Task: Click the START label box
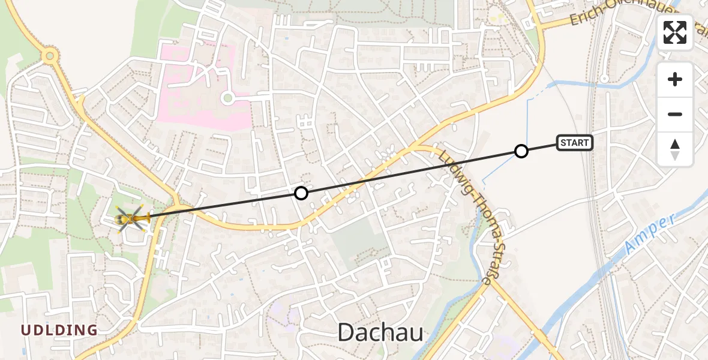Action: tap(575, 143)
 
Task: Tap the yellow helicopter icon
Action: tap(132, 218)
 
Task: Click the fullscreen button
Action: tap(675, 32)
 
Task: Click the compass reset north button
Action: tap(675, 149)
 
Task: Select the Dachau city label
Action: tap(380, 332)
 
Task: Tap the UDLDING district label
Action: tap(59, 330)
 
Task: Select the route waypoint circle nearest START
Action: tap(521, 151)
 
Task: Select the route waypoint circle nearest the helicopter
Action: tap(301, 193)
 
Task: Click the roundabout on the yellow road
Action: tap(49, 57)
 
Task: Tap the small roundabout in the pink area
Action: tap(227, 98)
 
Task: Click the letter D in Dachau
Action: tap(347, 332)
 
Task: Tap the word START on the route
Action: tap(575, 143)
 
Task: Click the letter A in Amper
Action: tap(631, 246)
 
